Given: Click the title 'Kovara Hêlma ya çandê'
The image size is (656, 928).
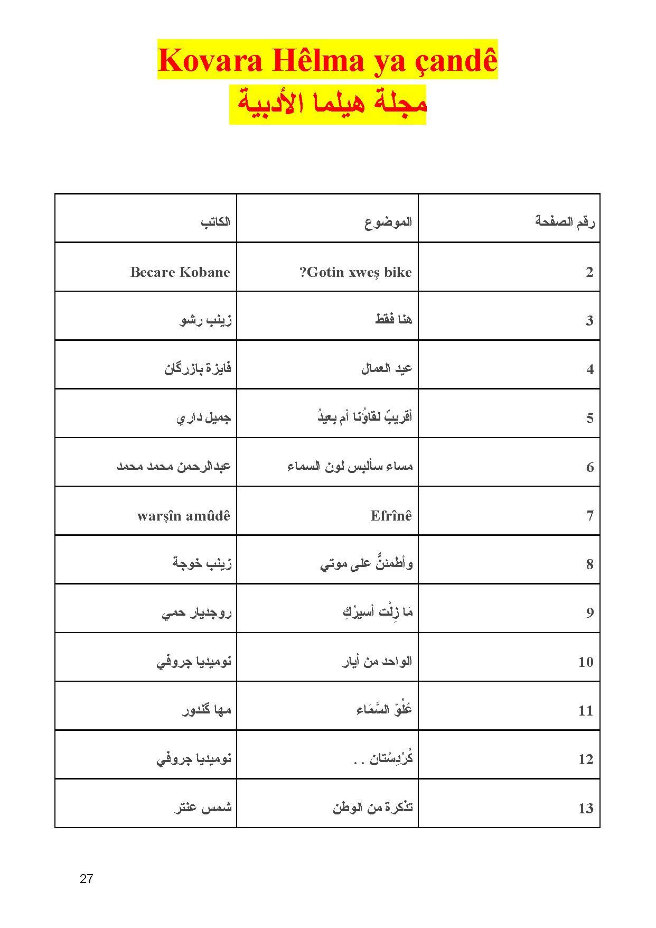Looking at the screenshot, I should point(327,60).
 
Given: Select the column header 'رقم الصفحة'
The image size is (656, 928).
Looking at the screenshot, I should point(565,221).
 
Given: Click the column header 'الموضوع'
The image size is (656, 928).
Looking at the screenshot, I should point(388,221).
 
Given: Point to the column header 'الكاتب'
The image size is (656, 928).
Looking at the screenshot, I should point(215,221).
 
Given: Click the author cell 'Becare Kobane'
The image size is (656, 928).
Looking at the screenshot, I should point(180,272).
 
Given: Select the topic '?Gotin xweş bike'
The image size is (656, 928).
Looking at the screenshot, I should point(355,272).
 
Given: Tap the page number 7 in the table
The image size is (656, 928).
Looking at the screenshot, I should point(590,516).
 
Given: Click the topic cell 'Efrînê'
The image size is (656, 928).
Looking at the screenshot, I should point(391,516).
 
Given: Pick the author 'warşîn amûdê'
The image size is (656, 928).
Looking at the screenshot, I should point(183,516).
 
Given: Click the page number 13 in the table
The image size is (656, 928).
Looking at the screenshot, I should point(586,808).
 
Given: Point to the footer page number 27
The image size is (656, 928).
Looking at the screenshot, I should point(86,879).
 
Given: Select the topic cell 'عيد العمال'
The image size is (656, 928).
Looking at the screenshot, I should point(386,369).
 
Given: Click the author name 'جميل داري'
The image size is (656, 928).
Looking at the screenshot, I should point(203,418).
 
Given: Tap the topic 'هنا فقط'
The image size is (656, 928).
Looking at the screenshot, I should point(393,320).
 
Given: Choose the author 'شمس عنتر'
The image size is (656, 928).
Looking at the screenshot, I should point(203,808).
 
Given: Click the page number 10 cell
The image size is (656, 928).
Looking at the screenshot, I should point(586,662).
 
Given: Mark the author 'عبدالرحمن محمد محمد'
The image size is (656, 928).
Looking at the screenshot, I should point(174,467).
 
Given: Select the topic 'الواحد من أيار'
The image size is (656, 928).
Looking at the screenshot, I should point(377,661).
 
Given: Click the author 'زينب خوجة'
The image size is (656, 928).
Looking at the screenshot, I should point(202,564).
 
